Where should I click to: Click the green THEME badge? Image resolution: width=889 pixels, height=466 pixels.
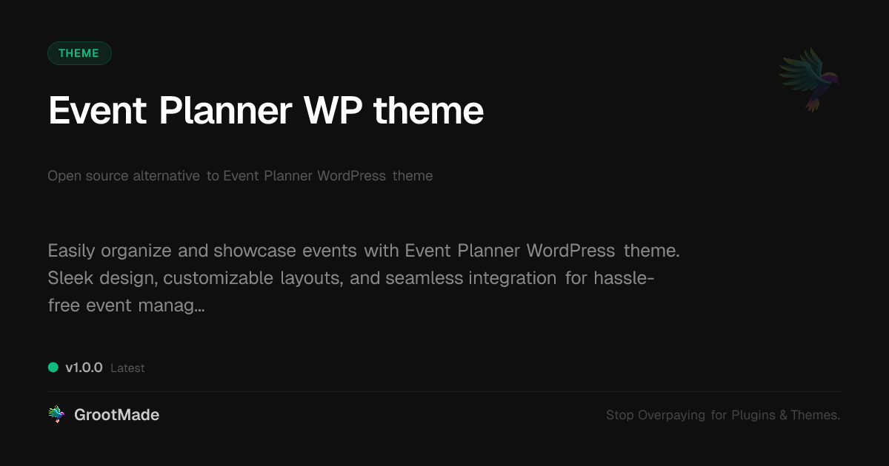[79, 53]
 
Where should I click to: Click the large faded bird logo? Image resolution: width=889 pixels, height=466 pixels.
[809, 78]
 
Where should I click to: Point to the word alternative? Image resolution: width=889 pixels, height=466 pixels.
[166, 176]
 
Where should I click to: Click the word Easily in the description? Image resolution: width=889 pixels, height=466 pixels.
[71, 251]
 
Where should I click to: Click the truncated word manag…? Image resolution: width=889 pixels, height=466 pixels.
[171, 305]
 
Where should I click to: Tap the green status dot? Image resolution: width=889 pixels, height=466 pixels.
[53, 367]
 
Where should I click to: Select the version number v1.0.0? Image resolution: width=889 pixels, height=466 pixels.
[84, 368]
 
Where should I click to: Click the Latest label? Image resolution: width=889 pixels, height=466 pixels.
[127, 368]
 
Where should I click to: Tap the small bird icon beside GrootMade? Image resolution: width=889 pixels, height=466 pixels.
[56, 415]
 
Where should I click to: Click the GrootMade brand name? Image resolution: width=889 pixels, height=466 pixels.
[116, 415]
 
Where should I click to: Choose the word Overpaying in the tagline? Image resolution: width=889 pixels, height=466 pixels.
[671, 416]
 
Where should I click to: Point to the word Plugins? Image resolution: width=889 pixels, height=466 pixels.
[753, 416]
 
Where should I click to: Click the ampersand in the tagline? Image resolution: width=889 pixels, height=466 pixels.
[782, 416]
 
